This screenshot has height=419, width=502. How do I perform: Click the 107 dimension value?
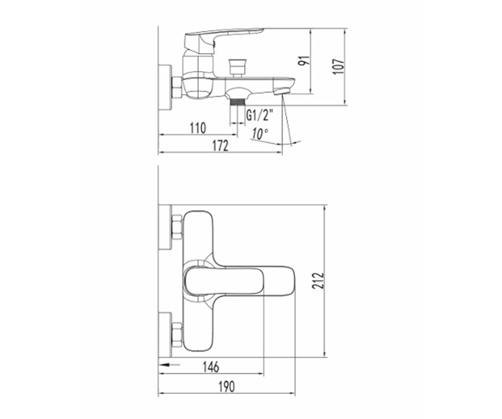pyautogui.click(x=339, y=67)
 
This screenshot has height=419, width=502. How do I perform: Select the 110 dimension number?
pyautogui.click(x=198, y=128)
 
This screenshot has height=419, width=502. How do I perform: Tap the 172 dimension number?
pyautogui.click(x=220, y=146)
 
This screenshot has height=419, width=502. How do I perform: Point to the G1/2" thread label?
pyautogui.click(x=260, y=115)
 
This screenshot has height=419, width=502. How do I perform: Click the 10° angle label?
pyautogui.click(x=260, y=134)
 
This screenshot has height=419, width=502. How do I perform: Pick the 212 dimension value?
pyautogui.click(x=318, y=281)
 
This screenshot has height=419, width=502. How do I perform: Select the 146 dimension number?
pyautogui.click(x=211, y=367)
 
